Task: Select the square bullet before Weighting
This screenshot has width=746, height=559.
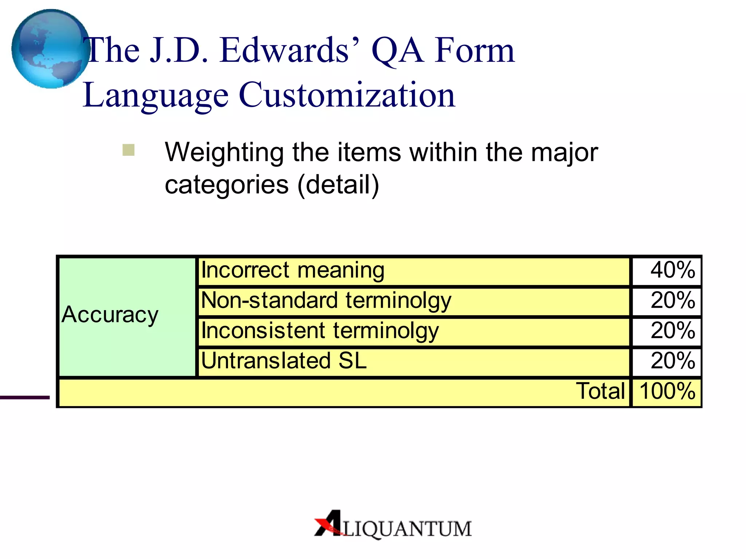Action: pyautogui.click(x=128, y=150)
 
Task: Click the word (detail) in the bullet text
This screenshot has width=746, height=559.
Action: pyautogui.click(x=338, y=185)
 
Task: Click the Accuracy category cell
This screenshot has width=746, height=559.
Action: pyautogui.click(x=127, y=316)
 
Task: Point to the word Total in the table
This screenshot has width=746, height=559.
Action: pyautogui.click(x=600, y=392)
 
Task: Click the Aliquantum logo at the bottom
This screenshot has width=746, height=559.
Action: pyautogui.click(x=393, y=524)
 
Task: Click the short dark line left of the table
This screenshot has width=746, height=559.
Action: pyautogui.click(x=24, y=397)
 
